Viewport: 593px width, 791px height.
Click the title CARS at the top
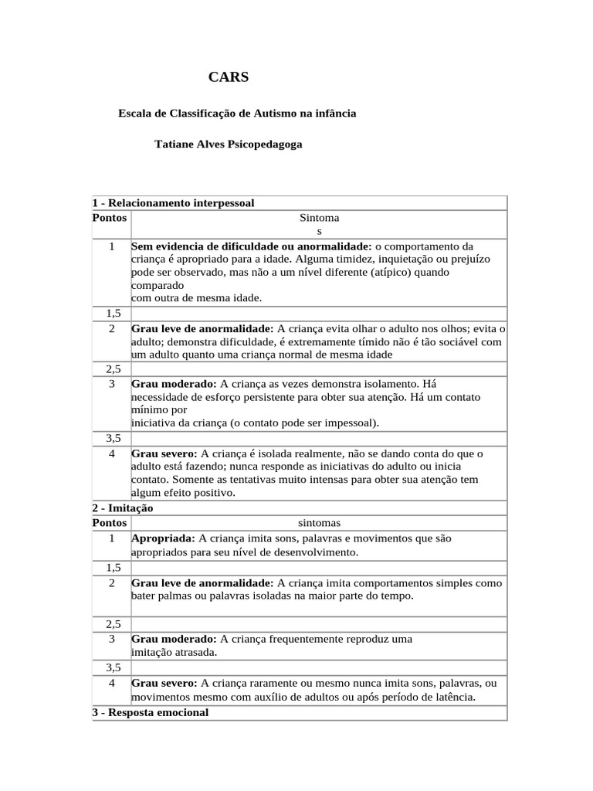pyautogui.click(x=229, y=76)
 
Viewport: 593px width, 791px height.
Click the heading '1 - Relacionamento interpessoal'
pyautogui.click(x=173, y=203)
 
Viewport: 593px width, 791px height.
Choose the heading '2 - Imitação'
pyautogui.click(x=123, y=508)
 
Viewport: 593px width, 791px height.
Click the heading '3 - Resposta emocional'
pyautogui.click(x=151, y=712)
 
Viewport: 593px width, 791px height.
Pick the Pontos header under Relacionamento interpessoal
pyautogui.click(x=110, y=218)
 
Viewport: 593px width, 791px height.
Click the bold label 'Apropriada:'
pyautogui.click(x=164, y=538)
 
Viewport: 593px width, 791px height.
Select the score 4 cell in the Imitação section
pyautogui.click(x=112, y=683)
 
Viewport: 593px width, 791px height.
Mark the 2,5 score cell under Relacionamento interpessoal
pyautogui.click(x=112, y=369)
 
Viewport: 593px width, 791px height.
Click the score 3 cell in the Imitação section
pyautogui.click(x=112, y=639)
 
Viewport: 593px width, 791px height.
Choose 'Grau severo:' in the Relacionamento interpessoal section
pyautogui.click(x=164, y=453)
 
